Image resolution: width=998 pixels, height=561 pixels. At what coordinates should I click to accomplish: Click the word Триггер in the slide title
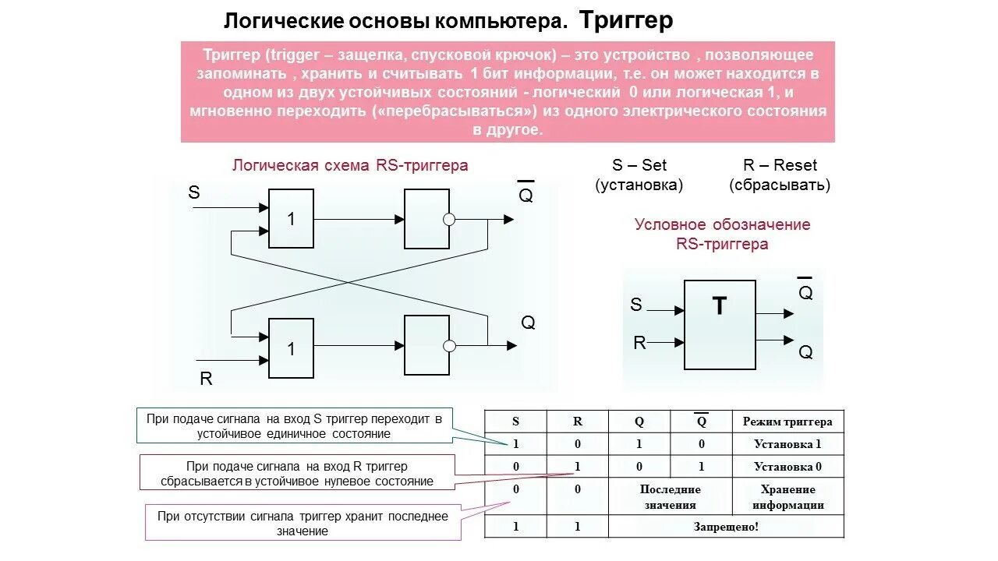[626, 20]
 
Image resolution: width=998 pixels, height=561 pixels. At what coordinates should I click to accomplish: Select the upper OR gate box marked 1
[291, 219]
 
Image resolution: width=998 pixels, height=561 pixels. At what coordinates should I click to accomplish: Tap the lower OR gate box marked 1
[291, 348]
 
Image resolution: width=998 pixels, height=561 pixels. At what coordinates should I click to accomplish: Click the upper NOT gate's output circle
[448, 220]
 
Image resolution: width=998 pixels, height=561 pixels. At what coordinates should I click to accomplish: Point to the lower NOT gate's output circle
[448, 346]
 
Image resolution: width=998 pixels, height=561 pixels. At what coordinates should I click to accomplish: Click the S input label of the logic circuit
[194, 192]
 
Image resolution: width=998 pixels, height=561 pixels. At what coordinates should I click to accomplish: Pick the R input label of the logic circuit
[206, 379]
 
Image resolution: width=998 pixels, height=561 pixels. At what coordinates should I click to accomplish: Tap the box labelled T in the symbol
[720, 324]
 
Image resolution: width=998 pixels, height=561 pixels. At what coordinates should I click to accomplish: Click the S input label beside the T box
[636, 305]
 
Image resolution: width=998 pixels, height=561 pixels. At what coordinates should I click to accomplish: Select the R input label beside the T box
[639, 343]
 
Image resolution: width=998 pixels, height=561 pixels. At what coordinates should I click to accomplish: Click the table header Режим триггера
[787, 422]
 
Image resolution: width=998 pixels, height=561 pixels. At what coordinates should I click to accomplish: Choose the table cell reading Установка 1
[787, 444]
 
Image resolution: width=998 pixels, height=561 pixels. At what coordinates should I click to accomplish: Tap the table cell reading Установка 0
[787, 467]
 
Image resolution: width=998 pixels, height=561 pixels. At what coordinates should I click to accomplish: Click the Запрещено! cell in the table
[726, 526]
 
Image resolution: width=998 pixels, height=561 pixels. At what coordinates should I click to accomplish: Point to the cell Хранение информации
[787, 496]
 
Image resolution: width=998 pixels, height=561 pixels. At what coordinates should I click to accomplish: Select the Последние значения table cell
[670, 496]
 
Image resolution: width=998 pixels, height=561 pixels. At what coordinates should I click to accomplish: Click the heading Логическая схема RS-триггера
[350, 165]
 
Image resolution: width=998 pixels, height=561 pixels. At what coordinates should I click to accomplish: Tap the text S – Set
[639, 165]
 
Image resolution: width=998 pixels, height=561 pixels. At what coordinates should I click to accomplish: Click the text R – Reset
[780, 165]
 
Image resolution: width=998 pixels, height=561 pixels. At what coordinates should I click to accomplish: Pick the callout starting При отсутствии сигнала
[303, 523]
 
